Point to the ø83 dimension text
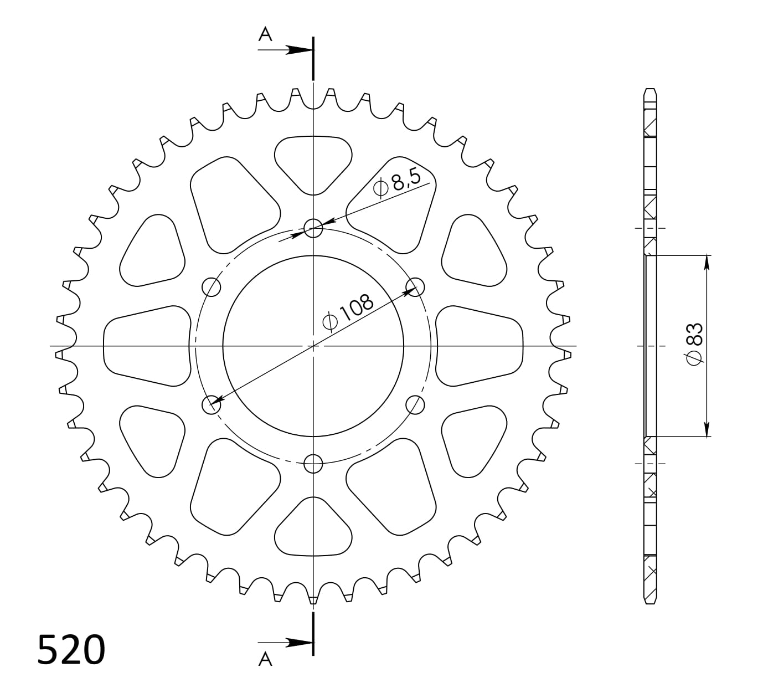click(x=694, y=343)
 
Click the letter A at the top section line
click(x=266, y=35)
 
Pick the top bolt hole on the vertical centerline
click(x=313, y=228)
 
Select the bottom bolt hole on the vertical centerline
click(x=313, y=463)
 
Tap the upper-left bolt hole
click(x=212, y=287)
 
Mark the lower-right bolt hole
click(x=415, y=405)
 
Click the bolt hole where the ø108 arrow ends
click(x=211, y=405)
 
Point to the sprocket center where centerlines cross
click(x=313, y=346)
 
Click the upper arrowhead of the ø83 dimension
click(x=707, y=263)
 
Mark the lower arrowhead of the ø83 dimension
click(x=707, y=429)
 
